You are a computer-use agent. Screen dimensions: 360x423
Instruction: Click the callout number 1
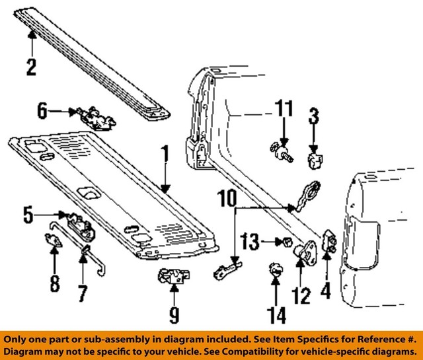[165, 155]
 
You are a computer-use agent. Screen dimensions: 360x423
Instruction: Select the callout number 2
[31, 67]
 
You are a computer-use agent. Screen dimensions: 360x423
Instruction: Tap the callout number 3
[314, 119]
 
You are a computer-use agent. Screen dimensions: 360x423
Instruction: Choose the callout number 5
[28, 215]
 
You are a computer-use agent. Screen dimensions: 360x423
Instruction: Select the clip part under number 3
[315, 159]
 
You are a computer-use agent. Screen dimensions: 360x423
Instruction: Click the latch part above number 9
[174, 277]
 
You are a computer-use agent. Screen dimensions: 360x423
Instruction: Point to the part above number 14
[276, 270]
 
